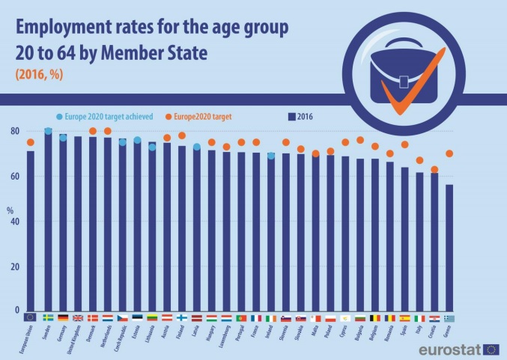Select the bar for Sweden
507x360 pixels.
click(x=48, y=221)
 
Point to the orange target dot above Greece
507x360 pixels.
click(x=449, y=154)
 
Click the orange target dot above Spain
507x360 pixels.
click(x=405, y=144)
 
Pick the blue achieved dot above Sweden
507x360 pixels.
click(x=48, y=132)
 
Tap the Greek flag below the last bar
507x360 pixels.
click(x=449, y=317)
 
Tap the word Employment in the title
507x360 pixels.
click(x=68, y=28)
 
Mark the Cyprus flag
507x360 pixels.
click(x=345, y=317)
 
